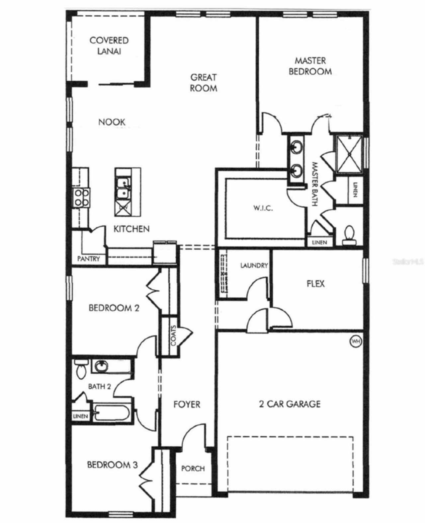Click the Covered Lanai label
pyautogui.click(x=109, y=46)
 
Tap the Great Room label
pyautogui.click(x=204, y=83)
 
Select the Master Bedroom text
pyautogui.click(x=310, y=66)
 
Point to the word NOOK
pyautogui.click(x=112, y=122)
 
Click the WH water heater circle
pyautogui.click(x=356, y=341)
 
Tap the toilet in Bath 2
pyautogui.click(x=81, y=370)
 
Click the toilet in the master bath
pyautogui.click(x=349, y=234)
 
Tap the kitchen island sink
pyautogui.click(x=123, y=188)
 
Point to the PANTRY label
pyautogui.click(x=88, y=259)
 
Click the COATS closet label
pyautogui.click(x=173, y=336)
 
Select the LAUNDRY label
pyautogui.click(x=254, y=265)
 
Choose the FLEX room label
pyautogui.click(x=315, y=284)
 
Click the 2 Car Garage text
pyautogui.click(x=290, y=404)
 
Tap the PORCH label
pyautogui.click(x=193, y=469)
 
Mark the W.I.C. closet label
pyautogui.click(x=263, y=208)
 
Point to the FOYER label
pyautogui.click(x=187, y=404)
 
